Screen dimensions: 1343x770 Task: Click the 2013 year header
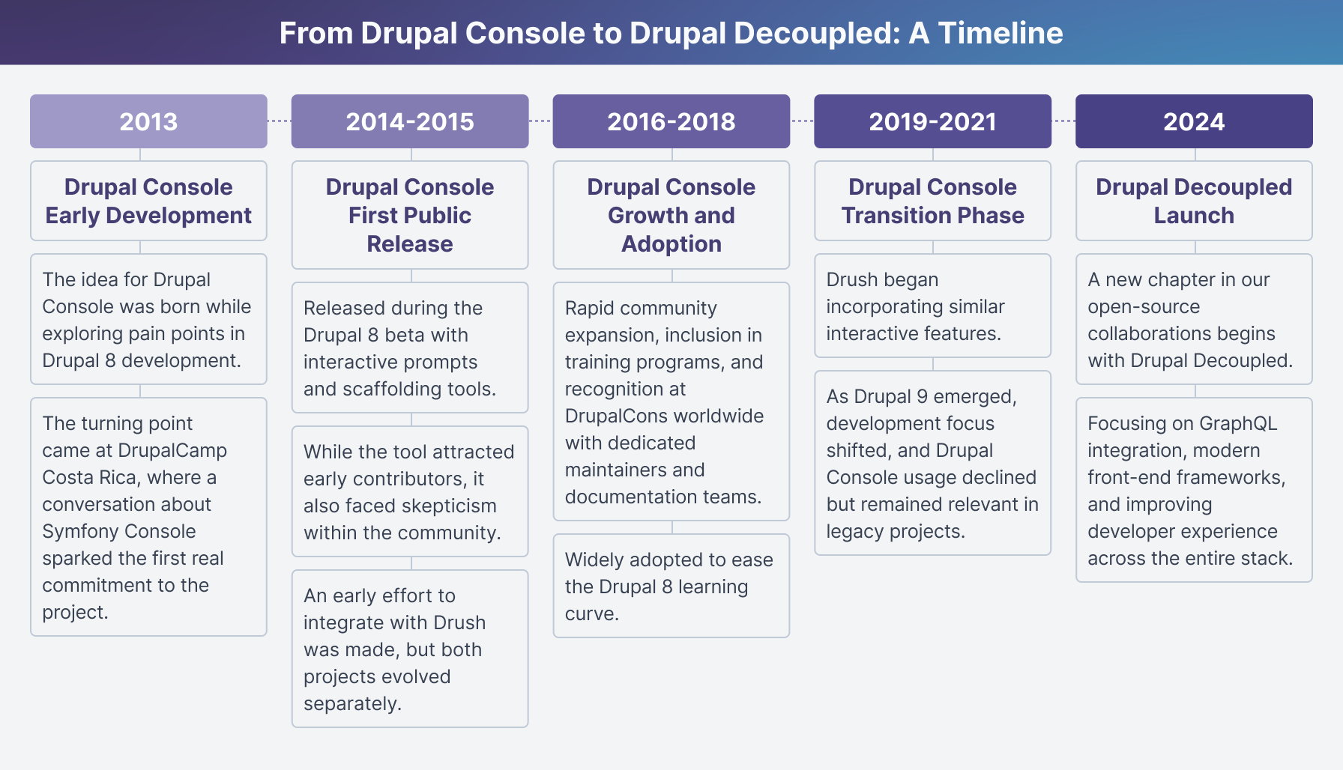point(148,121)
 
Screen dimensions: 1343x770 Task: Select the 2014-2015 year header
point(410,121)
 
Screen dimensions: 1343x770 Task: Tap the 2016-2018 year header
point(671,121)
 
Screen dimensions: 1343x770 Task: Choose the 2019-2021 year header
point(933,121)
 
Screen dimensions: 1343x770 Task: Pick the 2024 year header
point(1194,121)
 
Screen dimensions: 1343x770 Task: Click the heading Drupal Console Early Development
point(148,201)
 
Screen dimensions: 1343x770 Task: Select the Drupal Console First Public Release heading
point(410,215)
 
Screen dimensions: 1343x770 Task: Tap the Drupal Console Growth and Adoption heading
point(671,215)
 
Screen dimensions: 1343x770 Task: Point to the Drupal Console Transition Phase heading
point(933,201)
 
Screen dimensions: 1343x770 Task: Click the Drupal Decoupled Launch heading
point(1194,201)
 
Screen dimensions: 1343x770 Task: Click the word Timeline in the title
point(1001,33)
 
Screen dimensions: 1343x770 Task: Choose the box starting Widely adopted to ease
point(671,586)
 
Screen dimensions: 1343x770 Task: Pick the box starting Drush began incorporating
point(933,306)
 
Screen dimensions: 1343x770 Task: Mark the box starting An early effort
point(410,649)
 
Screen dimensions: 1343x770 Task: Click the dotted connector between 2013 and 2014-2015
point(280,121)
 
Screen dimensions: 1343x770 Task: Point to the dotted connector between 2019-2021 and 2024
point(1064,121)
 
